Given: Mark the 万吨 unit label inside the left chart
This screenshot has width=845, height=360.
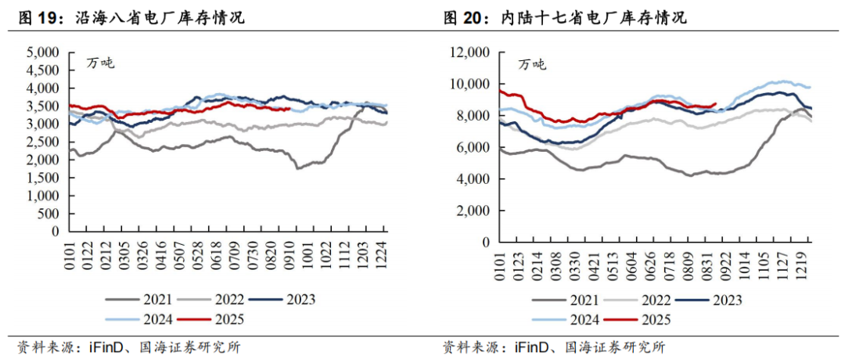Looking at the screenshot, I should coord(100,63).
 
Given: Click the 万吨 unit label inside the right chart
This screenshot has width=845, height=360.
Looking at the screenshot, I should coord(532,64).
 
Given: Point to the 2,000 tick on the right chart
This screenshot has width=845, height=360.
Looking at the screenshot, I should coord(472,211).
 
